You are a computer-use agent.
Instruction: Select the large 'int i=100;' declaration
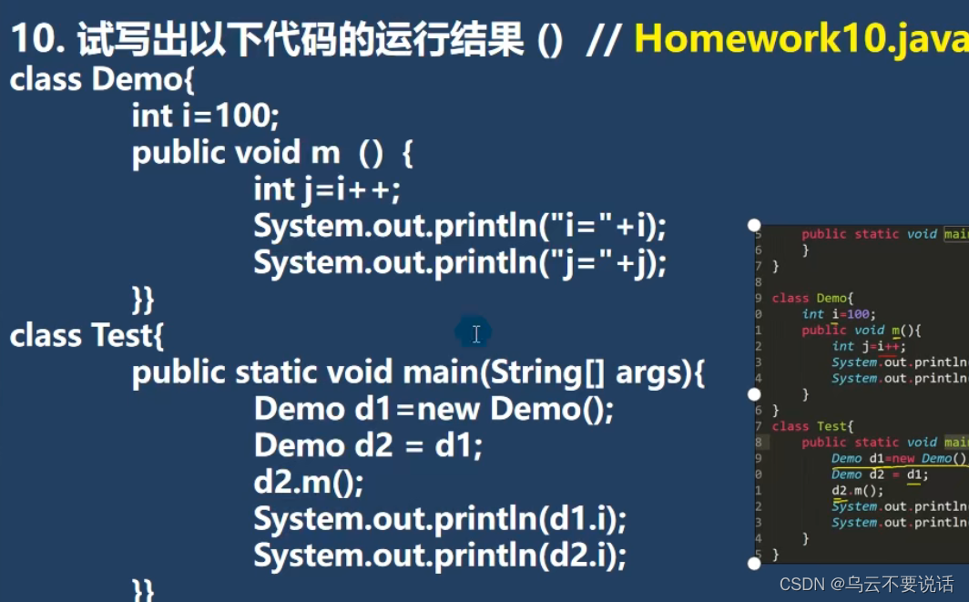206,116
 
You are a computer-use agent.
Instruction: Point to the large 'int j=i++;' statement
327,189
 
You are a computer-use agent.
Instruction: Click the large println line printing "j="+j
460,263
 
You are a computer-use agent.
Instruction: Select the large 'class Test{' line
87,336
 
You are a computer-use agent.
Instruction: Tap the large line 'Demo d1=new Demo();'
434,409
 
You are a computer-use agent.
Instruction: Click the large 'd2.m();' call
309,483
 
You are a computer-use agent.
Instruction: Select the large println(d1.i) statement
440,519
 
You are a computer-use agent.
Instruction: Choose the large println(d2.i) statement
440,556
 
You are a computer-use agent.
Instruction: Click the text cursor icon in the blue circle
475,334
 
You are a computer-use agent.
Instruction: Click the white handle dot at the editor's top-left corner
754,225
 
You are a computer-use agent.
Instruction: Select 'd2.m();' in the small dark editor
852,490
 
